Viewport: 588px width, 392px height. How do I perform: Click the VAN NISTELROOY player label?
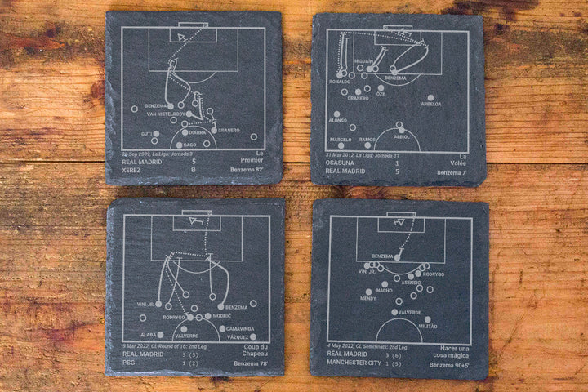(165, 114)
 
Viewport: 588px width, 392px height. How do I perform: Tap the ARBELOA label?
(431, 104)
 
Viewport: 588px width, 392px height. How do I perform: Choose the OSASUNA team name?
(341, 162)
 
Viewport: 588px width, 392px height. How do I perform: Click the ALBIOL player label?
(401, 136)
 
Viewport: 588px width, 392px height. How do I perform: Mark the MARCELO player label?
(341, 140)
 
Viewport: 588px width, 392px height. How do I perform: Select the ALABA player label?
(147, 335)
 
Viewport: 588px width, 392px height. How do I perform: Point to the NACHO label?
(384, 290)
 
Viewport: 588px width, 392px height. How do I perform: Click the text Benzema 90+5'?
(450, 364)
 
